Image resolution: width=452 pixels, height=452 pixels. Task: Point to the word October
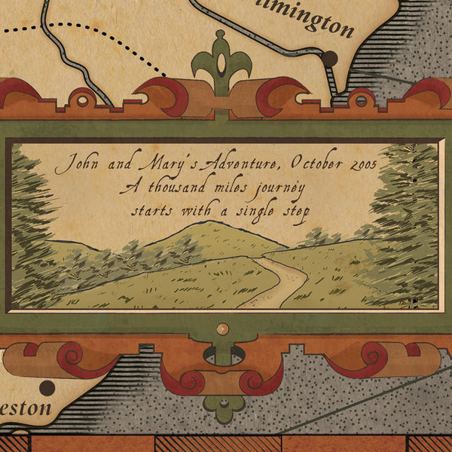(304, 161)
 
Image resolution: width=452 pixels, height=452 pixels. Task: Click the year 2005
(359, 161)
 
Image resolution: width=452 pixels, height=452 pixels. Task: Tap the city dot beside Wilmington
(329, 57)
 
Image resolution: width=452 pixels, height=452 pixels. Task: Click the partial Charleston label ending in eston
(26, 409)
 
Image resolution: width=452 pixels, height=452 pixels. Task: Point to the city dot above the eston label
(47, 388)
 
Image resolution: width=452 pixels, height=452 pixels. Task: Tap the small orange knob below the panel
(221, 328)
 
